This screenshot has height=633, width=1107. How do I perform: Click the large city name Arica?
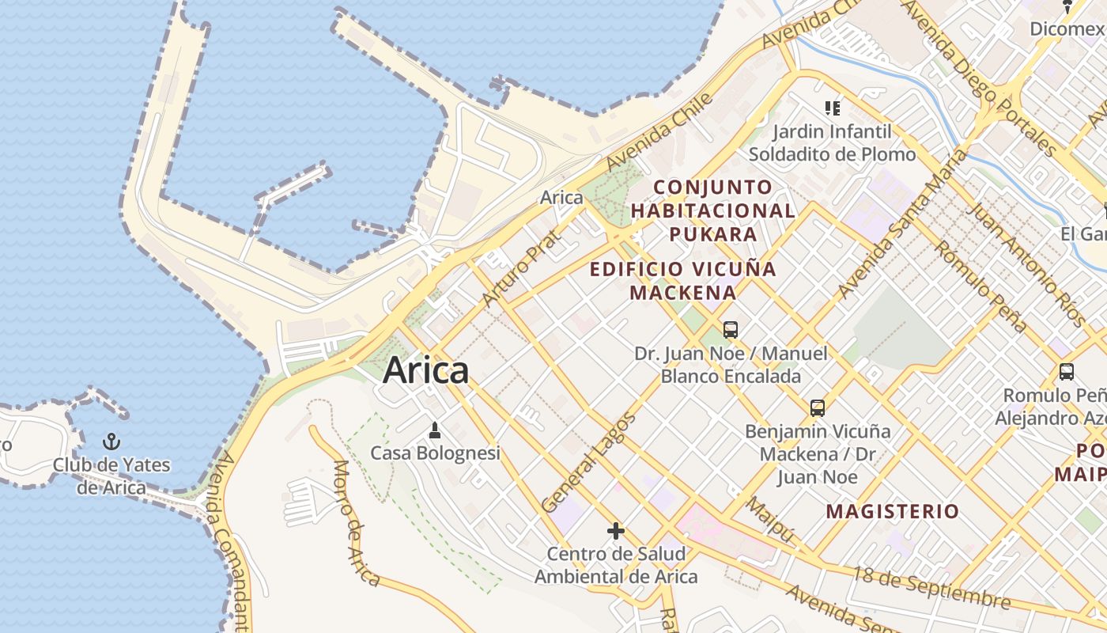pos(425,370)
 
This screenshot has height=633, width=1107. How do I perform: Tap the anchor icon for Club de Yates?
pos(111,441)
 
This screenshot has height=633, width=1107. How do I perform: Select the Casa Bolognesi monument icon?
pos(434,430)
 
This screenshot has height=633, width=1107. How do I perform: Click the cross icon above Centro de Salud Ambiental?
pos(616,530)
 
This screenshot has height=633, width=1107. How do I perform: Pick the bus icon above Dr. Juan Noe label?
pos(731,329)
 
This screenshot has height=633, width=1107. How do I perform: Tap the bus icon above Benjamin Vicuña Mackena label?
pos(818,408)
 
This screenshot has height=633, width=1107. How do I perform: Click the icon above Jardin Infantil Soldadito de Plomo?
pos(832,108)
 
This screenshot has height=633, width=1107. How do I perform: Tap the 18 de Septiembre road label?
pos(931,587)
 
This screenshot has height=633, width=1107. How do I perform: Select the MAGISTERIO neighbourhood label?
pos(893,511)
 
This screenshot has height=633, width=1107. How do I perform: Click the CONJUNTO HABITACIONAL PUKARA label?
pos(713,210)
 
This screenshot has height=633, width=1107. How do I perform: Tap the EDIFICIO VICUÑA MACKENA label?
pos(683,280)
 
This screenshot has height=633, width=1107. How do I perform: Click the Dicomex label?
pos(1067,29)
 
